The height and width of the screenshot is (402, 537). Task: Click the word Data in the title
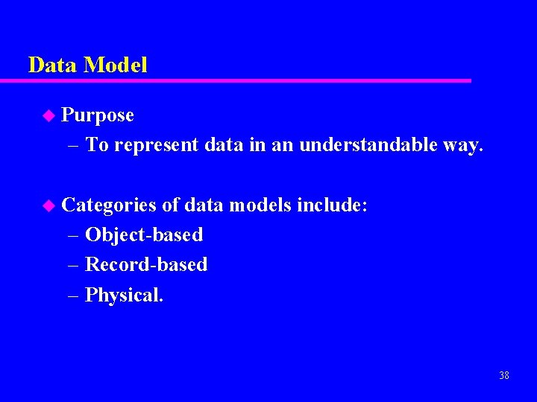coord(53,66)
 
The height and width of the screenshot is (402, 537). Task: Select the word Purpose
coord(98,115)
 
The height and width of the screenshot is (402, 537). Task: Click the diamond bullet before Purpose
coord(49,115)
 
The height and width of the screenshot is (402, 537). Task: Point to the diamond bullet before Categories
coord(49,205)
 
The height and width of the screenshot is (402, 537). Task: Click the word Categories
coord(109,205)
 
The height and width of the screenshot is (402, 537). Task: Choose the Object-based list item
coord(144,235)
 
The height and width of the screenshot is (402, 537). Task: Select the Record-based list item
coord(146,265)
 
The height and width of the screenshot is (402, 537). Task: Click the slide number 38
coord(504,375)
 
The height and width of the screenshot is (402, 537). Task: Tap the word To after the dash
coord(98,145)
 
